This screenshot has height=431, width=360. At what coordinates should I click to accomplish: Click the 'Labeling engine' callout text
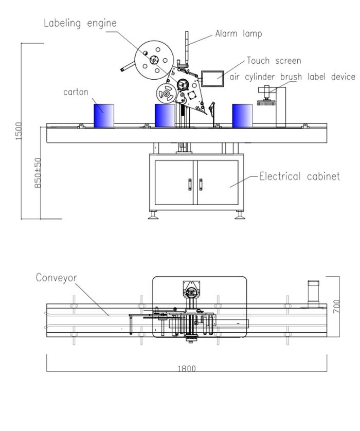point(80,23)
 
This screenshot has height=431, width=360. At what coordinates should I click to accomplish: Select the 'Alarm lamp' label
point(238,34)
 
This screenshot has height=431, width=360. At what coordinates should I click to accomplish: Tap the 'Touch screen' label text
point(274,61)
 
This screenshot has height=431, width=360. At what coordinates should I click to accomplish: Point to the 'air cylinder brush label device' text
point(292,77)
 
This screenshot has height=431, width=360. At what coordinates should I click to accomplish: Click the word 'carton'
point(76,92)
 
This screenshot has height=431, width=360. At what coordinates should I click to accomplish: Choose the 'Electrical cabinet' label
point(299,176)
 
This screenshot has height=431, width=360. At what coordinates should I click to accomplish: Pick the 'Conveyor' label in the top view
point(56,278)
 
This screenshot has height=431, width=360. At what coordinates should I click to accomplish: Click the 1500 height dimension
point(20,131)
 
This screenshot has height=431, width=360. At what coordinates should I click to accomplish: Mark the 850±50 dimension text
point(38,172)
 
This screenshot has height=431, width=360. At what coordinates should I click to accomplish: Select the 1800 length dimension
point(187,368)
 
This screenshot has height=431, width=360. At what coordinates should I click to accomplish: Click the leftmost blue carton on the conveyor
point(103,116)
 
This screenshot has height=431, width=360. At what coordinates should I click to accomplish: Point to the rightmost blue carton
point(242,116)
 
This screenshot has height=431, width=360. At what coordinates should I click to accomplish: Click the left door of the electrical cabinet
point(174,183)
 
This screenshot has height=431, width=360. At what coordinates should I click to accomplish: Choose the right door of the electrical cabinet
point(218,183)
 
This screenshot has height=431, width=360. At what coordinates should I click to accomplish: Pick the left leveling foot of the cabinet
point(153,215)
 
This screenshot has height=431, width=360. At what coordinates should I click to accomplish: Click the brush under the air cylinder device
point(266,101)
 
